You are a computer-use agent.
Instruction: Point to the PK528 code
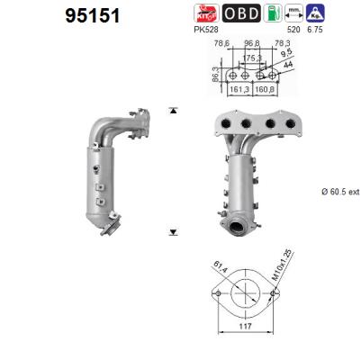tap(206, 29)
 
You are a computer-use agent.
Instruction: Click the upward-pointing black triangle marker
tap(173, 110)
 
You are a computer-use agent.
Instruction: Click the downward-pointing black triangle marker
tap(173, 232)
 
